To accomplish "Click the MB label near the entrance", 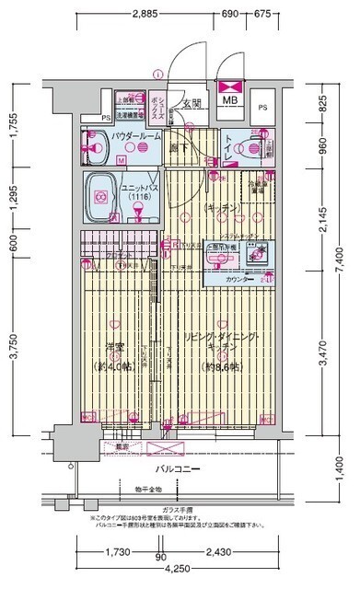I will [228, 102].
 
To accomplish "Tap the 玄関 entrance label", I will [192, 104].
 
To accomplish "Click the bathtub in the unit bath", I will [101, 196].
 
